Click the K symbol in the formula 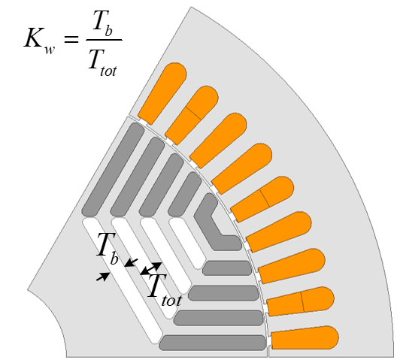[33, 38]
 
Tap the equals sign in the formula [71, 39]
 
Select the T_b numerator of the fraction [102, 23]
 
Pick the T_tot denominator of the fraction [103, 63]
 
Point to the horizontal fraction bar [104, 40]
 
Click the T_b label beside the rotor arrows [107, 248]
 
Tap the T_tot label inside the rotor [165, 290]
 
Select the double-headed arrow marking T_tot [151, 268]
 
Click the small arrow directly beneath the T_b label [103, 277]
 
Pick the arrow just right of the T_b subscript [131, 262]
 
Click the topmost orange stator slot [162, 94]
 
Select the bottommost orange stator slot [305, 338]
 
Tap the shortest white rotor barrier [187, 244]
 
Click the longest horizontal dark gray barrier [212, 343]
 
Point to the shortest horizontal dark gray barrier [227, 268]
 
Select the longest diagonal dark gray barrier [113, 170]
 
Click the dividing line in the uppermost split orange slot [194, 113]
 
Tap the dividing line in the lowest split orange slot [302, 302]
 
